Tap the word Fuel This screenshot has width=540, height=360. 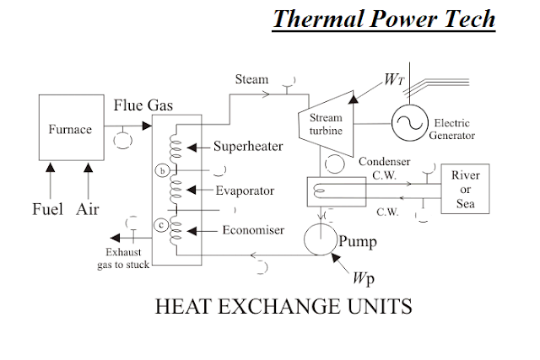(x=47, y=209)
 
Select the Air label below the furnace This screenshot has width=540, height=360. (x=88, y=209)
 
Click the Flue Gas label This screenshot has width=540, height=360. (x=143, y=105)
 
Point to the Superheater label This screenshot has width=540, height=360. (x=248, y=146)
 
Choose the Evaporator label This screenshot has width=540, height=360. (x=245, y=191)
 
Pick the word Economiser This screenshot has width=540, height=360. (x=253, y=230)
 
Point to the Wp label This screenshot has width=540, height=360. (x=364, y=278)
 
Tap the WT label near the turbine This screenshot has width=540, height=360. (x=394, y=79)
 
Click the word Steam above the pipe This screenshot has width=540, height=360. (x=251, y=79)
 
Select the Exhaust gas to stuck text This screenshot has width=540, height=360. (x=123, y=258)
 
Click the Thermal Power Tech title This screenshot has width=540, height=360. (x=384, y=19)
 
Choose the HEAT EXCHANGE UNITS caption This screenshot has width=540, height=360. (x=283, y=306)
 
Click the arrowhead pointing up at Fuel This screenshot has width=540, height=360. (x=51, y=168)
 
